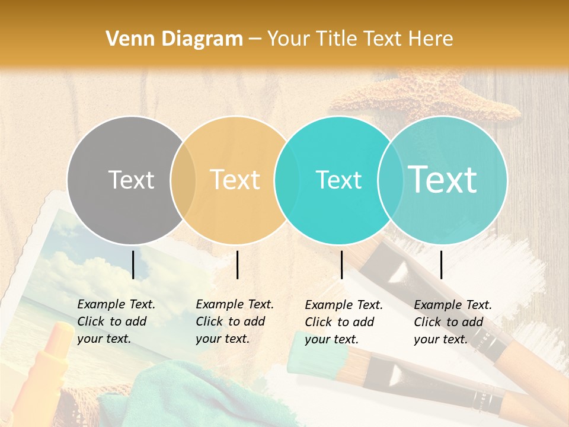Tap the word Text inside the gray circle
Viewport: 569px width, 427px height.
131,180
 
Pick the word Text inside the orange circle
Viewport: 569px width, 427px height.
235,180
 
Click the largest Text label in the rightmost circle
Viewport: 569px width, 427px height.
443,179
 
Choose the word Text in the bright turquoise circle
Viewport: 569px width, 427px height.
338,180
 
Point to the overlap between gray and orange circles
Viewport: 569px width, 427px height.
183,180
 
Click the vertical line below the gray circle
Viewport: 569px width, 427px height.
133,265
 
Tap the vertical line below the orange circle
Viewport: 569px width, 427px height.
237,265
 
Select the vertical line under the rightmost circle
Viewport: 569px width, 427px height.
442,265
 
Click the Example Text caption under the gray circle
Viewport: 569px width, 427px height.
116,321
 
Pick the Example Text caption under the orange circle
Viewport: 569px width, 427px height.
235,321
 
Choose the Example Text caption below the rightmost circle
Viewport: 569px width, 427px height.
453,322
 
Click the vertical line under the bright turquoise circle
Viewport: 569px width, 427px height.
342,265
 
